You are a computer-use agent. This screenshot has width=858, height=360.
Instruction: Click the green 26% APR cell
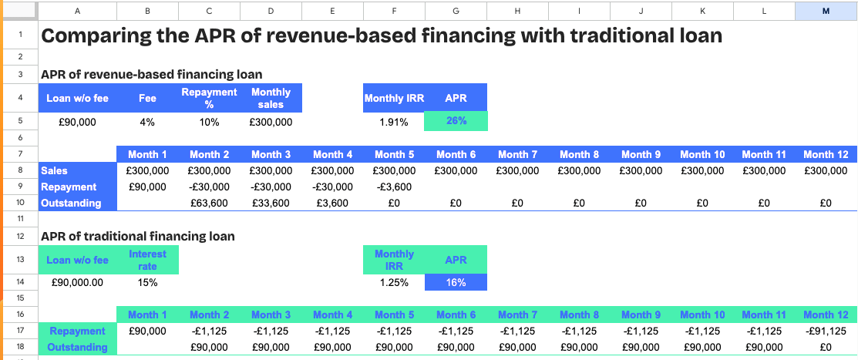[x=456, y=121]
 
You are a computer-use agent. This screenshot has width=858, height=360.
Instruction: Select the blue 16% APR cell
[x=456, y=282]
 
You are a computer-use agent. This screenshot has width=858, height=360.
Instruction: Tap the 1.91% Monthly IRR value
[x=394, y=121]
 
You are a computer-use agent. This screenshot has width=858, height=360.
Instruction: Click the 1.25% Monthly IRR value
[x=394, y=282]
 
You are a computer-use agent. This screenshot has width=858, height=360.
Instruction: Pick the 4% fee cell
[x=147, y=121]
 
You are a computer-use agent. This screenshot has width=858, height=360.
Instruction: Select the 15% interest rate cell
[x=147, y=282]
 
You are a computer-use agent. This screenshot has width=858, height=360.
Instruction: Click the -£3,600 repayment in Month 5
[x=394, y=187]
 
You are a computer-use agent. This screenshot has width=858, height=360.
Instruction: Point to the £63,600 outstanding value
[x=210, y=204]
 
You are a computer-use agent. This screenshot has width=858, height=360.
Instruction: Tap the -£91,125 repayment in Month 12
[x=826, y=331]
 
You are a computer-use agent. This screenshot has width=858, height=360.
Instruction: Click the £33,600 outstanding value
[x=271, y=204]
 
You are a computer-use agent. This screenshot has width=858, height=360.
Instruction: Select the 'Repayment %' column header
[x=210, y=98]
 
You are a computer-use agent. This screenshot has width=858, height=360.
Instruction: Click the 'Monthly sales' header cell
[x=271, y=98]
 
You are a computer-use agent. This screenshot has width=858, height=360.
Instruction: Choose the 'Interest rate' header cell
[x=147, y=260]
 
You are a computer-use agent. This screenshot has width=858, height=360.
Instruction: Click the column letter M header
[x=826, y=11]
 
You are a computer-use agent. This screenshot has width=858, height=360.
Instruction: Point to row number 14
[x=19, y=282]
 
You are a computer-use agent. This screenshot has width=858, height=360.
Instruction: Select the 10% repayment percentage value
[x=210, y=121]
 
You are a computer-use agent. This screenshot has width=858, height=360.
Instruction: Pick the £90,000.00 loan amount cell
[x=77, y=282]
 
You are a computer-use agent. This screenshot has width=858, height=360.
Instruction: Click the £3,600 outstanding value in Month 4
[x=333, y=204]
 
